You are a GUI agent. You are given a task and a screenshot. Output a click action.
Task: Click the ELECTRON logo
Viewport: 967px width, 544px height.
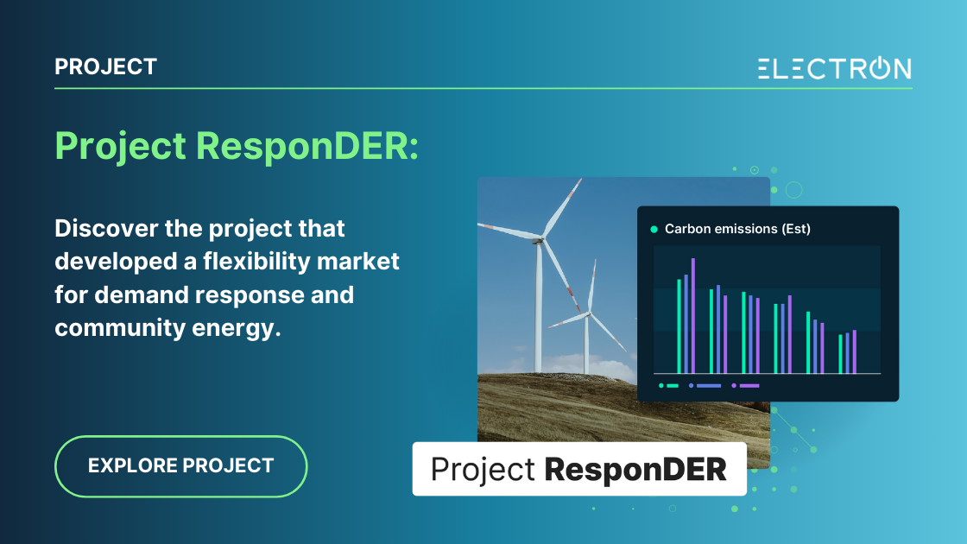(x=834, y=68)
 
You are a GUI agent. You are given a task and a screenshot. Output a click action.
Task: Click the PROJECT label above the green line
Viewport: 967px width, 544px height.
(x=105, y=66)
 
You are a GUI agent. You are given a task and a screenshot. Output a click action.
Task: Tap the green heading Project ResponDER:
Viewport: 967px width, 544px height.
(x=237, y=147)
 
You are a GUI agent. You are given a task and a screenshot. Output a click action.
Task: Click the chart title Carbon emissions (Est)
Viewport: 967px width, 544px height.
(x=737, y=229)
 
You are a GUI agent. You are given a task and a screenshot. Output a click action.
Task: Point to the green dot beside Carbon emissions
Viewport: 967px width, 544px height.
(x=654, y=230)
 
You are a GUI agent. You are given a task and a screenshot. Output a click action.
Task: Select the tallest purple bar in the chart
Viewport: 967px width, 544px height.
(x=692, y=315)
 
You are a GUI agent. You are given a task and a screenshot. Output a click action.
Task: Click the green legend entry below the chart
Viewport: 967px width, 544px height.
(x=669, y=386)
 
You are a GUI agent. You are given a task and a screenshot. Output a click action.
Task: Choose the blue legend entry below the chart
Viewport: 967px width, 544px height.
(x=705, y=386)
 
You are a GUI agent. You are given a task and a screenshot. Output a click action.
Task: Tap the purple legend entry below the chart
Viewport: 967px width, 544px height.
(x=746, y=386)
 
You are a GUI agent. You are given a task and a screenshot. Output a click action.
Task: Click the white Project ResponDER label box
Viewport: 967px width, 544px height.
(x=578, y=469)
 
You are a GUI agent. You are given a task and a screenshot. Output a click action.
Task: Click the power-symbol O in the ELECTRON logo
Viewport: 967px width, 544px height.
(x=873, y=68)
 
